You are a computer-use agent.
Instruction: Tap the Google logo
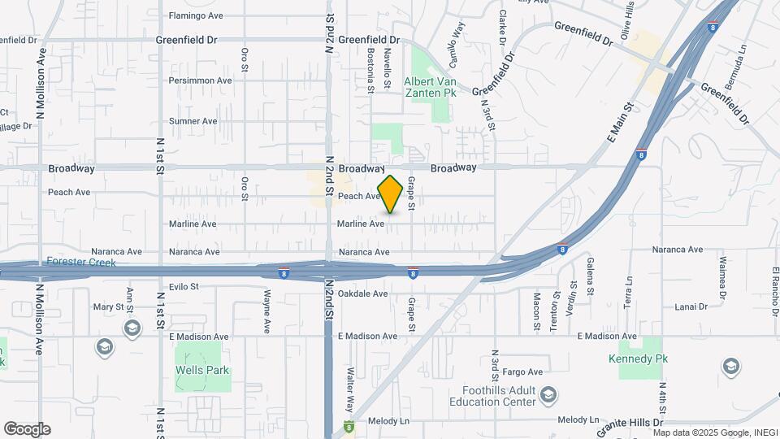27,429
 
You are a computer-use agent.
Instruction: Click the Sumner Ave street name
193,121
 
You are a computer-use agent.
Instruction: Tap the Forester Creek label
81,263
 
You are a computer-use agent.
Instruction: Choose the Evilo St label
184,287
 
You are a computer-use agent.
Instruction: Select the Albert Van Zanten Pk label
430,87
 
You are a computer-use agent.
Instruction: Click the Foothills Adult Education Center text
494,396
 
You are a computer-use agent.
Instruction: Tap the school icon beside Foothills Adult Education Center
549,396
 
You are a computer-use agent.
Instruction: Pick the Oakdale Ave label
362,293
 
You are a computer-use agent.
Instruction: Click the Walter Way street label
350,387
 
